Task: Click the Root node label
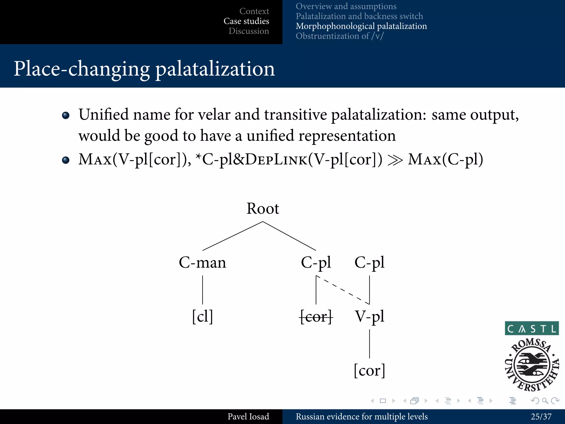pyautogui.click(x=263, y=209)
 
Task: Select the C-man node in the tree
pyautogui.click(x=202, y=263)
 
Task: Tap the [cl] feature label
pyautogui.click(x=202, y=316)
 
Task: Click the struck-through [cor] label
pyautogui.click(x=316, y=316)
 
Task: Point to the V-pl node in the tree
pyautogui.click(x=369, y=316)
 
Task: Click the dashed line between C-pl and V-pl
pyautogui.click(x=343, y=290)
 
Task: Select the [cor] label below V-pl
pyautogui.click(x=369, y=370)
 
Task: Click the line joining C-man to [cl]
pyautogui.click(x=202, y=290)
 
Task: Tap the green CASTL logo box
pyautogui.click(x=532, y=328)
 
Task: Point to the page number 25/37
pyautogui.click(x=541, y=417)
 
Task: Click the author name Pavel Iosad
pyautogui.click(x=248, y=417)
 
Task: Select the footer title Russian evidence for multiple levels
pyautogui.click(x=362, y=417)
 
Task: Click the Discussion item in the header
pyautogui.click(x=249, y=31)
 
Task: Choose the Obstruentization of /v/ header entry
pyautogui.click(x=340, y=36)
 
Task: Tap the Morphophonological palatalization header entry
pyautogui.click(x=361, y=26)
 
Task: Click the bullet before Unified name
pyautogui.click(x=66, y=115)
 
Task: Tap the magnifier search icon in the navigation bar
pyautogui.click(x=545, y=401)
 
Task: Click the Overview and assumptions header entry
pyautogui.click(x=346, y=6)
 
